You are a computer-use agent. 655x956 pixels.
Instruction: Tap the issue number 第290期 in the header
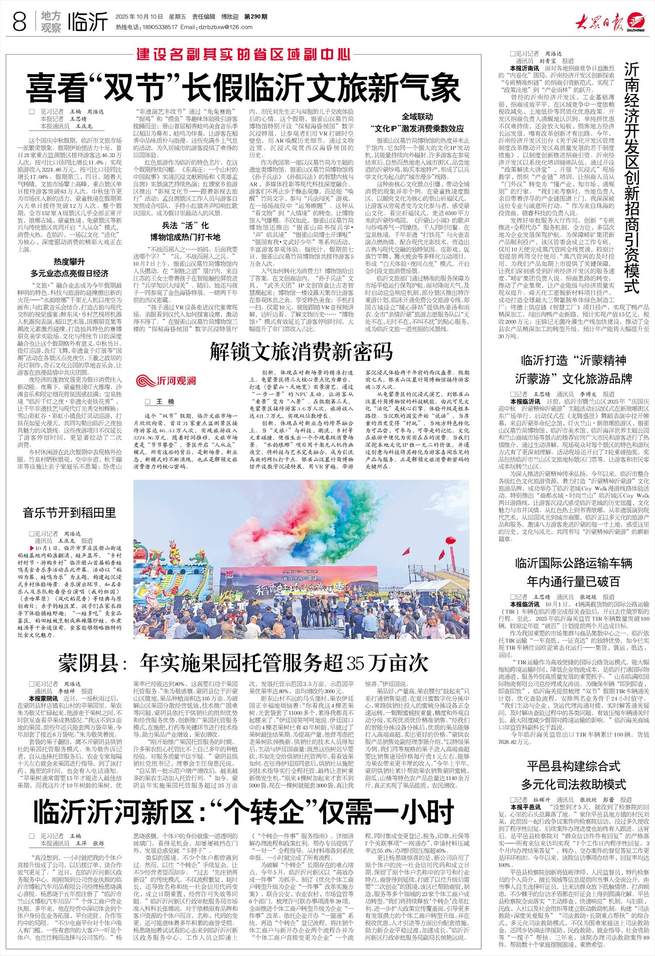click(255, 17)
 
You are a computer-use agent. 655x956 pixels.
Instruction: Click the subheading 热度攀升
click(69, 262)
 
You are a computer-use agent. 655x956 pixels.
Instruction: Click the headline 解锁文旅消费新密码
click(301, 352)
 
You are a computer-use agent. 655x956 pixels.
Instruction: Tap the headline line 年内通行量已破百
click(573, 581)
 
